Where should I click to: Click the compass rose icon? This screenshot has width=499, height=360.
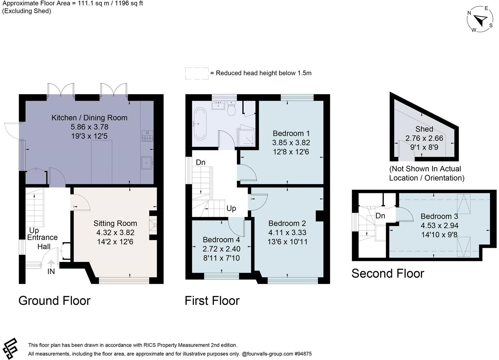pyautogui.click(x=480, y=20)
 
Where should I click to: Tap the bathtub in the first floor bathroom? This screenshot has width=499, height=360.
pyautogui.click(x=200, y=124)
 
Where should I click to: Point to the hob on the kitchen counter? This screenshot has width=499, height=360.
pyautogui.click(x=147, y=136)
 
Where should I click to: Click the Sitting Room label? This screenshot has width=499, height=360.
pyautogui.click(x=115, y=223)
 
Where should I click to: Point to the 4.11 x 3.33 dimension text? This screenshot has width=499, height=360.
pyautogui.click(x=287, y=233)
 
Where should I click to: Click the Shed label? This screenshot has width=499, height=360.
pyautogui.click(x=424, y=129)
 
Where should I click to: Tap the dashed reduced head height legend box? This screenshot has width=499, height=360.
pyautogui.click(x=197, y=73)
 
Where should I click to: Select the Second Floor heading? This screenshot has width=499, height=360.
pyautogui.click(x=388, y=273)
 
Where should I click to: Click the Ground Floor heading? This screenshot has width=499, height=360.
pyautogui.click(x=54, y=300)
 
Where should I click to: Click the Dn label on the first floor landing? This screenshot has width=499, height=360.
pyautogui.click(x=200, y=162)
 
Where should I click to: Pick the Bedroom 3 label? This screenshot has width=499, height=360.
pyautogui.click(x=439, y=216)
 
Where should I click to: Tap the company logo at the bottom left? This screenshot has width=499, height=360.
pyautogui.click(x=10, y=348)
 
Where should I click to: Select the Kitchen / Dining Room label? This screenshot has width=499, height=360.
pyautogui.click(x=89, y=118)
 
